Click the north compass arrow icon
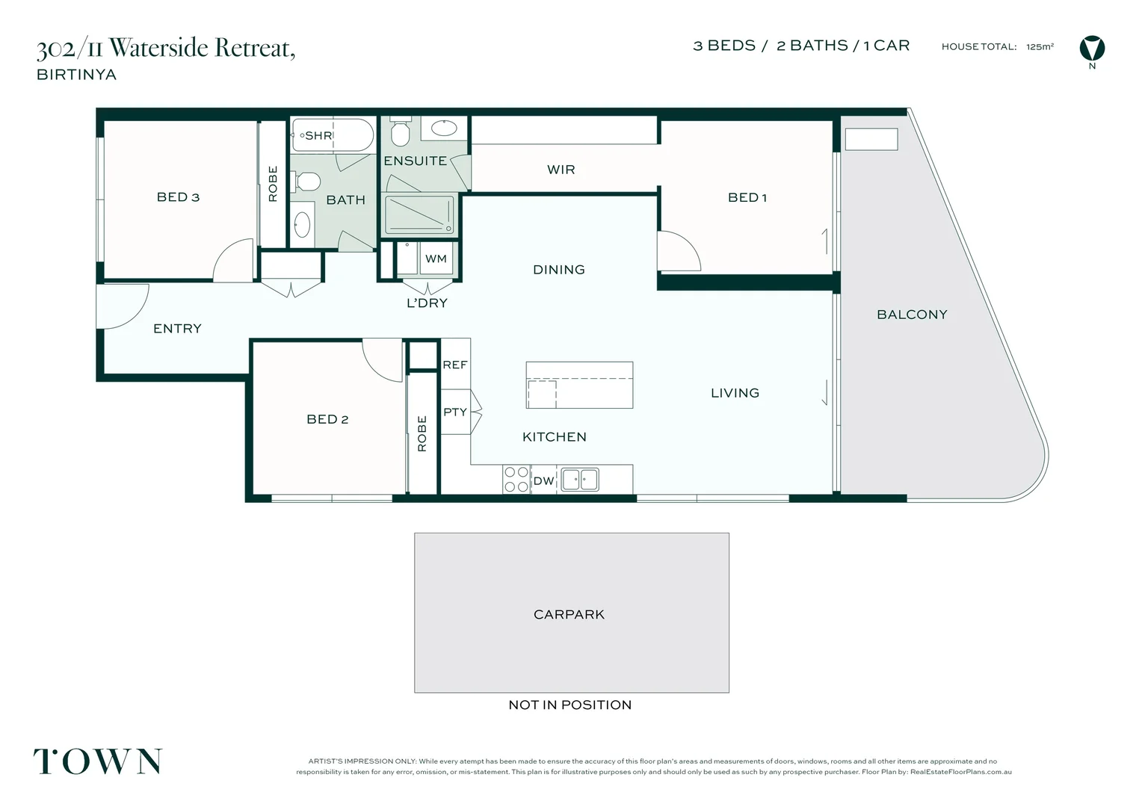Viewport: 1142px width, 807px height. point(1092,49)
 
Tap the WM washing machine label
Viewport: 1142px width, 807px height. point(436,259)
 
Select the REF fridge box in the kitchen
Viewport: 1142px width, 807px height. point(455,364)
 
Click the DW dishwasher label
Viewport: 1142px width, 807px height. point(543,480)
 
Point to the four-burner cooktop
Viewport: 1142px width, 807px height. point(516,479)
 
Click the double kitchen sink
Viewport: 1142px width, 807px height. point(580,480)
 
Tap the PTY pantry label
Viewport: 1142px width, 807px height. point(455,412)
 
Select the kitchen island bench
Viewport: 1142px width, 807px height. point(579,385)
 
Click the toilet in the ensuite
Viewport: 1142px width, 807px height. point(400,132)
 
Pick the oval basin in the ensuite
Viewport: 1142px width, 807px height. point(444,128)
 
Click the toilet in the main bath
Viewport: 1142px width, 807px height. point(306,181)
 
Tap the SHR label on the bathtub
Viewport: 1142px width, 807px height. point(318,135)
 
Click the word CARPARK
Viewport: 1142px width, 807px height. point(569,614)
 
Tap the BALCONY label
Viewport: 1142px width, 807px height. point(912,315)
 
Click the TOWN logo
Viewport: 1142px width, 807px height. point(98,761)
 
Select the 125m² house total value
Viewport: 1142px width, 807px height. point(1040,46)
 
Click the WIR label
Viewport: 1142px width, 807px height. point(561,170)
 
